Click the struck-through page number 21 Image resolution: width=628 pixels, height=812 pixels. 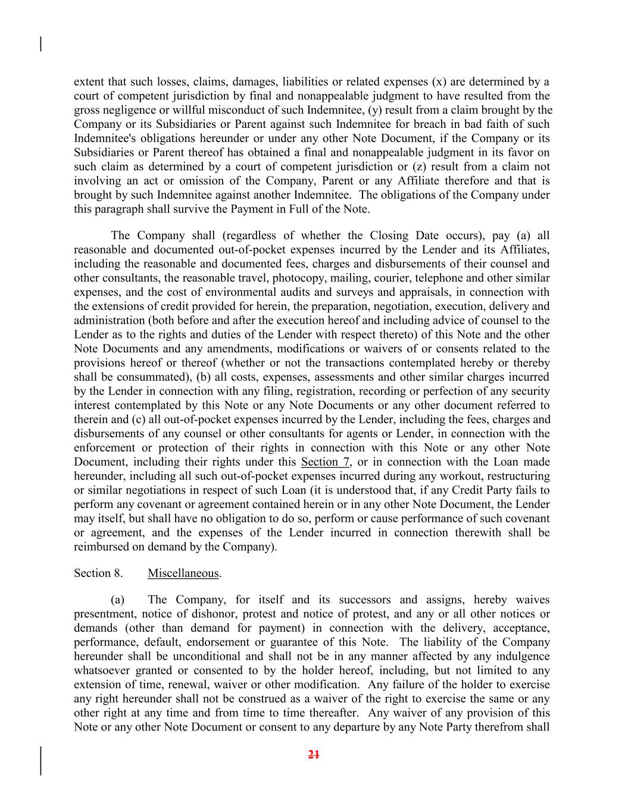(314, 755)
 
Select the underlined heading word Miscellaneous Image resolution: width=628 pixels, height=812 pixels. (183, 573)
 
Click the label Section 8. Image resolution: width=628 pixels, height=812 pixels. (98, 573)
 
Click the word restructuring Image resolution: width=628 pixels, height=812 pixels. (520, 476)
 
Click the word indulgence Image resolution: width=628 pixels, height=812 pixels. (521, 657)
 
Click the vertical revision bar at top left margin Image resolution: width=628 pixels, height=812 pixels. (40, 45)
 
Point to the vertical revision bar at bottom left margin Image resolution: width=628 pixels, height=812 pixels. (40, 761)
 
